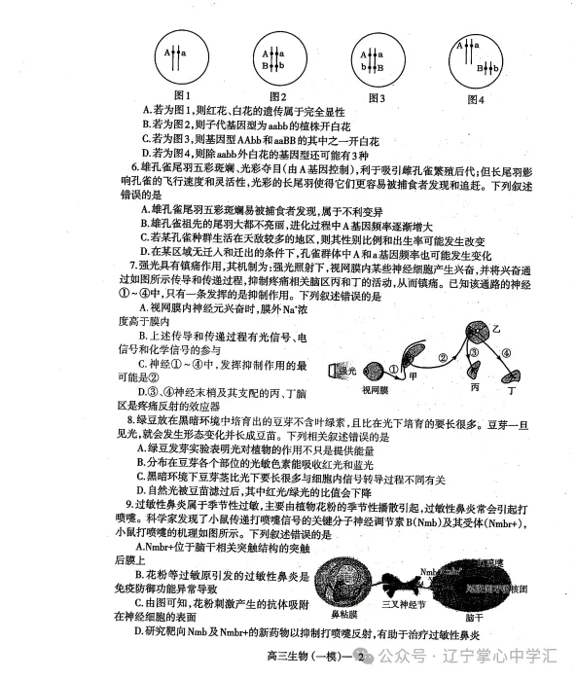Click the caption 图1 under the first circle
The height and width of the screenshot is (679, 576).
click(180, 96)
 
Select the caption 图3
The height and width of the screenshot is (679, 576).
click(376, 97)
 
